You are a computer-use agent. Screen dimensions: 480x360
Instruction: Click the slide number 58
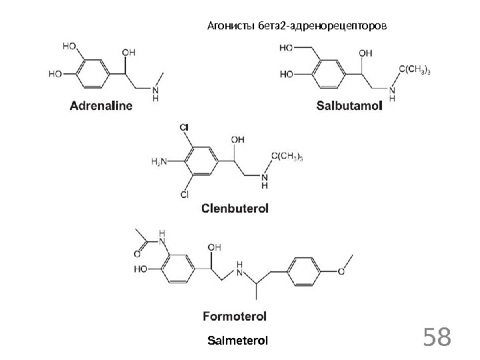tap(437, 338)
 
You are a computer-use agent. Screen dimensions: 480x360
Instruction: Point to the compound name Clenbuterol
tap(235, 209)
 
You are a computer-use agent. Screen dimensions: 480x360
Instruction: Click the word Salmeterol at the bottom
tap(238, 341)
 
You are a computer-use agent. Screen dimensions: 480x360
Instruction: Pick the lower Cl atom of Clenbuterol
tap(185, 195)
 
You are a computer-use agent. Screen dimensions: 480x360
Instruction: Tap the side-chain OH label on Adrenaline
tap(130, 51)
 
